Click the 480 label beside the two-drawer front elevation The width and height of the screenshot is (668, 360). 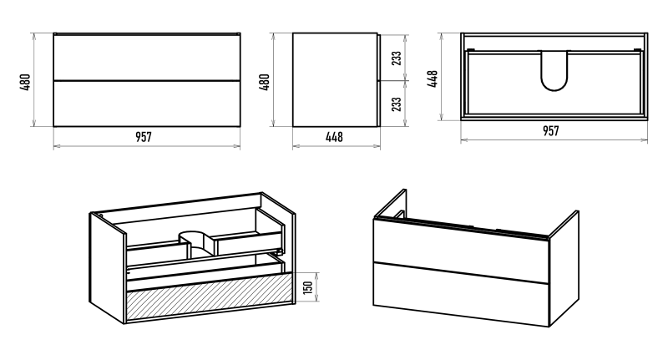(x=25, y=82)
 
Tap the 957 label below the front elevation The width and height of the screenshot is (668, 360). (x=144, y=137)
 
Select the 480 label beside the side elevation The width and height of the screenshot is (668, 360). (x=264, y=82)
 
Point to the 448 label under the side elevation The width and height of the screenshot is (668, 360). (x=335, y=137)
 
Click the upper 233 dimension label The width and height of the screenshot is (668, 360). (x=396, y=58)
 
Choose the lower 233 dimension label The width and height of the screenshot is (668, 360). (x=396, y=104)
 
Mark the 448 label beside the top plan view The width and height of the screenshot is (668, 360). (x=432, y=79)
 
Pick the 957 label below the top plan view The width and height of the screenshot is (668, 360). (x=551, y=130)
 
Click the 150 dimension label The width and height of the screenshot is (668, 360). (x=308, y=287)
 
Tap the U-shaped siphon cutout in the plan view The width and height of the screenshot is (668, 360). (x=554, y=71)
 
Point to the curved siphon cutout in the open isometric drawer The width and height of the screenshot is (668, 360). (x=195, y=244)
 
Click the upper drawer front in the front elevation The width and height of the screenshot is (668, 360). (x=147, y=57)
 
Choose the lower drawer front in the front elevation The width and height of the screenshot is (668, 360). (x=147, y=104)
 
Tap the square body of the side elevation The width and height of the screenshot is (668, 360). (x=335, y=79)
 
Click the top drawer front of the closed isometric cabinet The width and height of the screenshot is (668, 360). (x=461, y=251)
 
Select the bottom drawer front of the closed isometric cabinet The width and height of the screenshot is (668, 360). (x=461, y=295)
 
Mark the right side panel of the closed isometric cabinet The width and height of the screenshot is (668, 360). (x=564, y=268)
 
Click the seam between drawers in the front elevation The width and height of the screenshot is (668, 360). (x=147, y=80)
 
